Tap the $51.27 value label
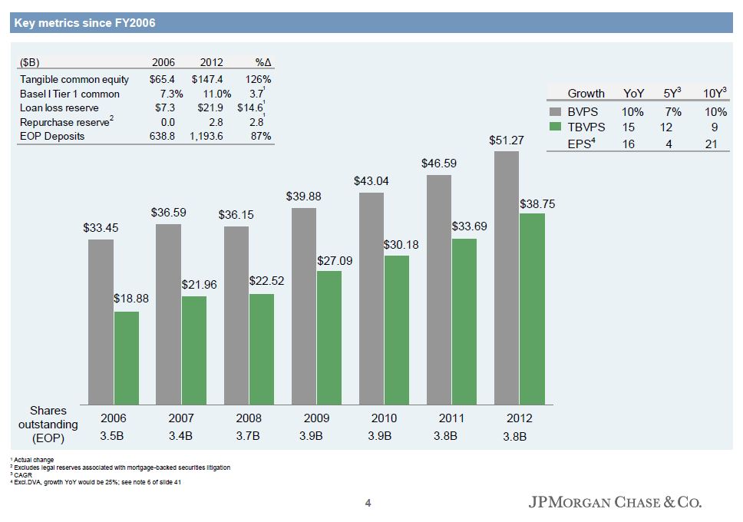[x=507, y=140]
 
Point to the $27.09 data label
[x=335, y=261]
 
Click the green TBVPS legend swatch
[x=556, y=127]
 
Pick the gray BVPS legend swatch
[x=556, y=112]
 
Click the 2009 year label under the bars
[x=316, y=418]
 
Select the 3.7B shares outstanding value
[x=249, y=436]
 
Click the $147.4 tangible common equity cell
[x=207, y=79]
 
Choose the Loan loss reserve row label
[x=58, y=108]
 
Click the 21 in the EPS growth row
[x=711, y=144]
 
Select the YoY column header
[x=633, y=94]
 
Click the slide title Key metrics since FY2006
[x=84, y=23]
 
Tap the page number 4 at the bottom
[x=368, y=504]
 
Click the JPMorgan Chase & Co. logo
[x=615, y=504]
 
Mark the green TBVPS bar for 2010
[x=397, y=330]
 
